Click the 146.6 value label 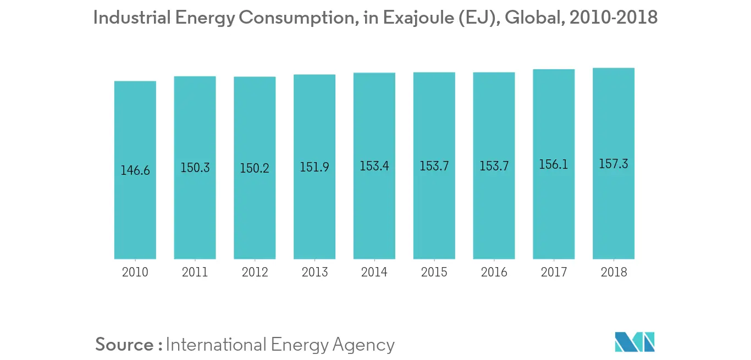coord(135,170)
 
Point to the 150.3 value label coord(195,168)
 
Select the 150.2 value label coord(255,168)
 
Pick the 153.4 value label coord(374,166)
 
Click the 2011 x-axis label coord(195,272)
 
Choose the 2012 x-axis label coord(255,272)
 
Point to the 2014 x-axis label coord(374,272)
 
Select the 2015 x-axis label coord(434,272)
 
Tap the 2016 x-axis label coord(494,272)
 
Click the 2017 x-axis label coord(554,272)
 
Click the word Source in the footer coord(125,345)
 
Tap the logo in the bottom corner coord(635,342)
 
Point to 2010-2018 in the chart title coord(614,18)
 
